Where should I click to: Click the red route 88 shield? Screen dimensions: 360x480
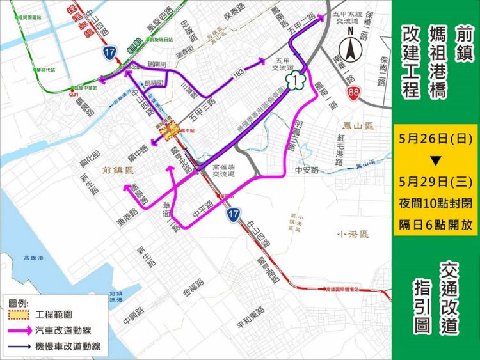[x=353, y=94]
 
